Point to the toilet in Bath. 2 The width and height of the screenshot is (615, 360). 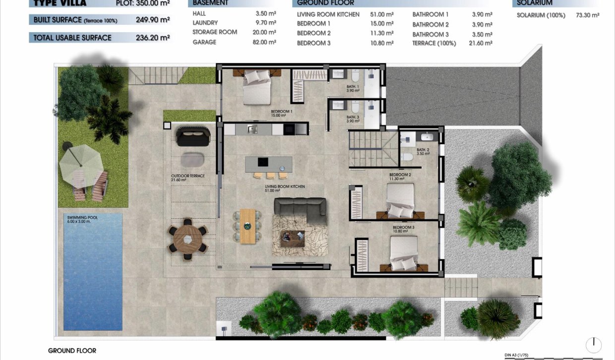(407, 157)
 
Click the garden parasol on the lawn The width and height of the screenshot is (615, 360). (80, 163)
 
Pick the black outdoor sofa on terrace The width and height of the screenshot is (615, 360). (192, 136)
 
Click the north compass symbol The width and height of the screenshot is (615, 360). (593, 345)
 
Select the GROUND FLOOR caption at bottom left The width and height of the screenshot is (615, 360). (72, 351)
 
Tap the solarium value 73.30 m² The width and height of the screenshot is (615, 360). (587, 15)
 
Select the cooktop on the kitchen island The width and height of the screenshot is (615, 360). (262, 162)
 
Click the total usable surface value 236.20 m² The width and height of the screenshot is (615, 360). (153, 37)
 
